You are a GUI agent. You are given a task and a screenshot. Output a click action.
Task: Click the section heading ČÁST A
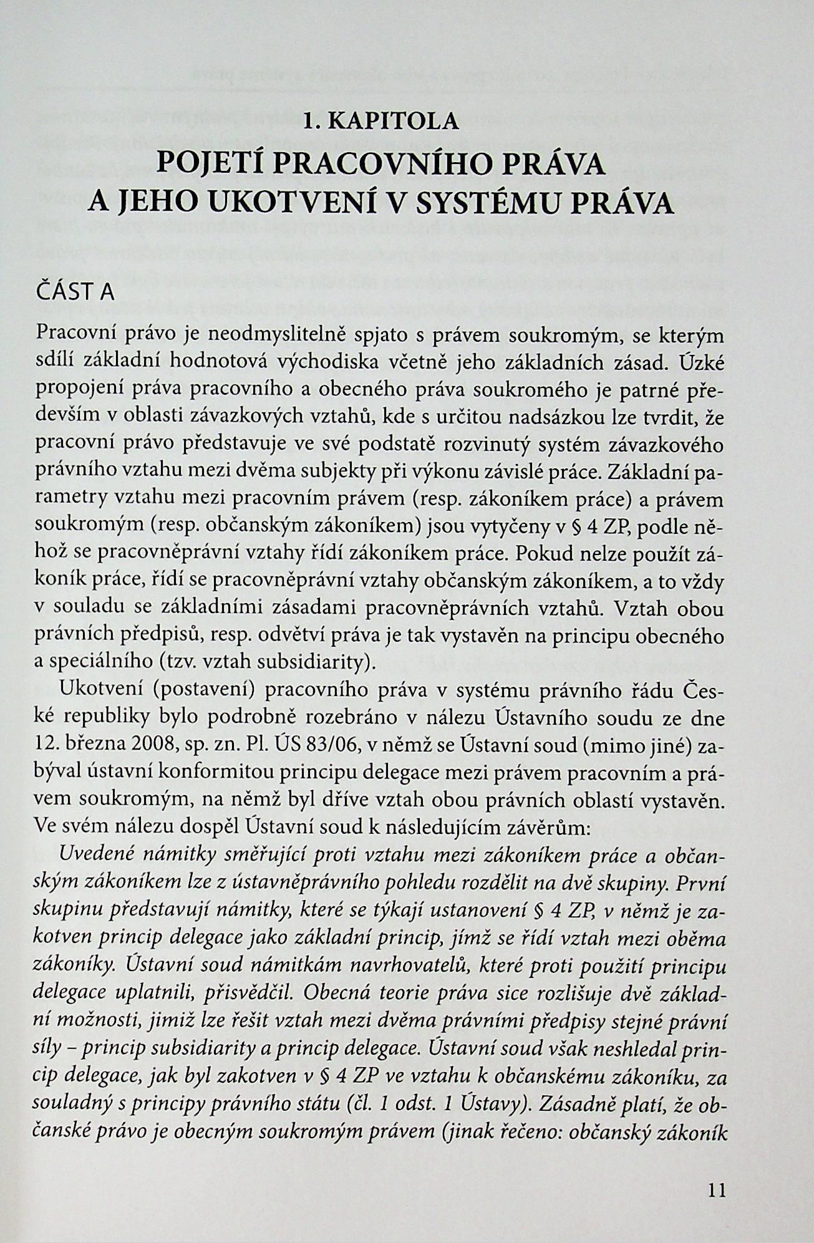(x=75, y=292)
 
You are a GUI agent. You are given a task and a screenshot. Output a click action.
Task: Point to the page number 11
(x=717, y=1191)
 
